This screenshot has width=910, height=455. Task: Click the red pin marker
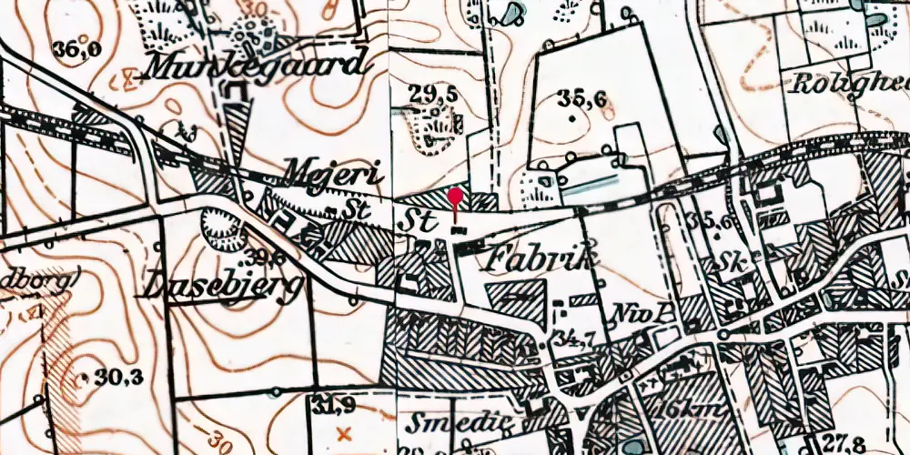point(455,196)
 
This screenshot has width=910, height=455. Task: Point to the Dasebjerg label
point(220,285)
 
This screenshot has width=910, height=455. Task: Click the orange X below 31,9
point(342,433)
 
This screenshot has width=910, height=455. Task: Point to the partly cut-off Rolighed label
point(850,85)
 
